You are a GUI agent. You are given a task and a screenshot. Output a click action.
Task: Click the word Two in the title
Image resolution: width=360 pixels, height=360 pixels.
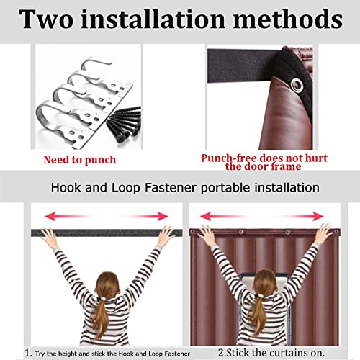(49, 19)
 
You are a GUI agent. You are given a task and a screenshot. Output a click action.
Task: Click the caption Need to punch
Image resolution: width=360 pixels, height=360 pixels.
(80, 159)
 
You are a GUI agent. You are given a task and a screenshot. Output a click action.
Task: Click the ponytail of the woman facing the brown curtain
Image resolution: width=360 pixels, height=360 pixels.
(261, 317)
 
